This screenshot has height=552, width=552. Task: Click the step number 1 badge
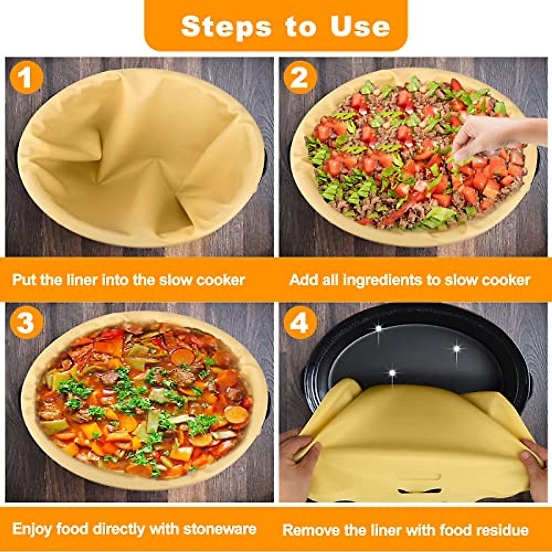(x=26, y=77)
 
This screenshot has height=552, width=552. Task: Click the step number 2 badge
(x=300, y=77)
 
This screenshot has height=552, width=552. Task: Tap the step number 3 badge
(x=26, y=322)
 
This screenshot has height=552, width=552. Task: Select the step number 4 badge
(x=300, y=322)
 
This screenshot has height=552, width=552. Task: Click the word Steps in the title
(x=226, y=27)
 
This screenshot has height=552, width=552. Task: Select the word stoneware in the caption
(x=219, y=529)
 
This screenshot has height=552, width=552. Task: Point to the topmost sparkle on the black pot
(x=379, y=328)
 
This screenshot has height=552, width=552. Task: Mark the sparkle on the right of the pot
(x=456, y=348)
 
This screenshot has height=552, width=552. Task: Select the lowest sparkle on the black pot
(x=392, y=372)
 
